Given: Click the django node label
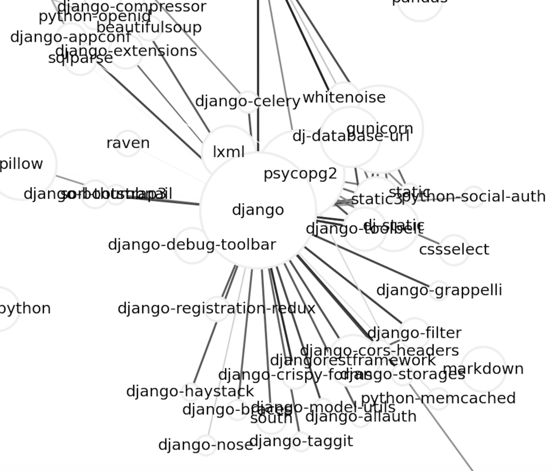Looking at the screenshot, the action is point(258,210).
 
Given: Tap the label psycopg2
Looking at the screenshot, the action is point(300,174).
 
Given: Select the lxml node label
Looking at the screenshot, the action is point(229,152).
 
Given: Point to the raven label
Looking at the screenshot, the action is point(128,143).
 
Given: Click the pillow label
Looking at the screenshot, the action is point(21,164).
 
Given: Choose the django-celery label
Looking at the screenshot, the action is point(247,101).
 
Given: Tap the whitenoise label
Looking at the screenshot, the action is point(344,97).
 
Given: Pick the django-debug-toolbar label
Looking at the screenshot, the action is point(192,244).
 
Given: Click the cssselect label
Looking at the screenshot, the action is point(454,250).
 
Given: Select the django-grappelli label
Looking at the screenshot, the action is point(439,290).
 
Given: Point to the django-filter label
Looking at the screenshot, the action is point(414,333).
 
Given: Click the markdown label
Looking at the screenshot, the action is point(483,369).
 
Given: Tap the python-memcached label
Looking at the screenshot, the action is point(438,398).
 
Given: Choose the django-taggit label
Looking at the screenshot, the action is point(301,441).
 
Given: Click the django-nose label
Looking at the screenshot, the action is point(205,445).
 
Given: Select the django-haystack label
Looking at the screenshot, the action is point(190,391).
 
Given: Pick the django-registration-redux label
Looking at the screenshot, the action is point(216,308).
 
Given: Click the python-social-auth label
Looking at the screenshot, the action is point(473,197).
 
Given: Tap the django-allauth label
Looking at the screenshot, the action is point(361,417).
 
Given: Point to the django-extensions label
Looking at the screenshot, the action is point(126,51).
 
